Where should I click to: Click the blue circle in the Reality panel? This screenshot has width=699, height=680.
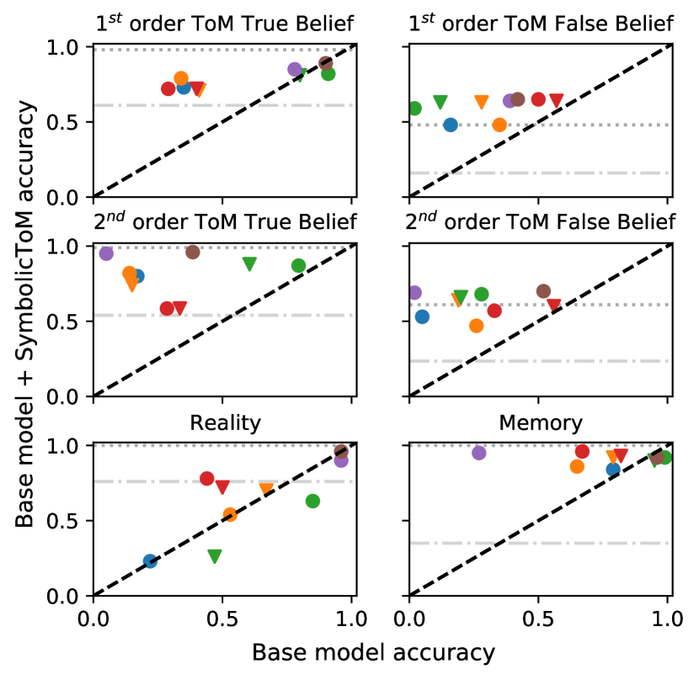pos(150,561)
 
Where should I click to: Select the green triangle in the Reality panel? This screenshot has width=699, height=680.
pos(215,556)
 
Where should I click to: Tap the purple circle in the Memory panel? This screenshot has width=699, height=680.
pos(479,453)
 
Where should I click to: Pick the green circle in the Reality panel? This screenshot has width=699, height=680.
pos(312,502)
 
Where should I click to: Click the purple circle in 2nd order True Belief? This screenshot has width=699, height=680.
pos(106,253)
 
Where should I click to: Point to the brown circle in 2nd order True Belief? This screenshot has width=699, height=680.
pos(192,252)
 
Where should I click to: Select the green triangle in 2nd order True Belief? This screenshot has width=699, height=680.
pos(249,263)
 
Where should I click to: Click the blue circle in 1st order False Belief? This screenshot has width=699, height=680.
pos(451,125)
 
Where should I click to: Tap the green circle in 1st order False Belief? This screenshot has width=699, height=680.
pos(414,109)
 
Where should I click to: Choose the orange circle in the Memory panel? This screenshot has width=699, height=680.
pos(577,466)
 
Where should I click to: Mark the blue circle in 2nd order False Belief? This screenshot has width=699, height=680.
pos(422,316)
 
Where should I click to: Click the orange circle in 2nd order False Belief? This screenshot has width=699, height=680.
pos(477,326)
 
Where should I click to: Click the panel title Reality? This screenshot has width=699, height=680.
pos(225,422)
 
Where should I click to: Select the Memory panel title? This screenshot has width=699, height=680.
pos(541,422)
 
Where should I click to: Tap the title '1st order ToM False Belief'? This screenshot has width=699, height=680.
pos(540,24)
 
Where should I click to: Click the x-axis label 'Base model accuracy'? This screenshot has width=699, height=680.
pos(372,653)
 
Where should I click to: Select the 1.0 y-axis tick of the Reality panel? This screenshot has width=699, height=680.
pos(67,446)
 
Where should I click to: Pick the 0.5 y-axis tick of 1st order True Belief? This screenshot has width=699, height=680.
pos(67,122)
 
